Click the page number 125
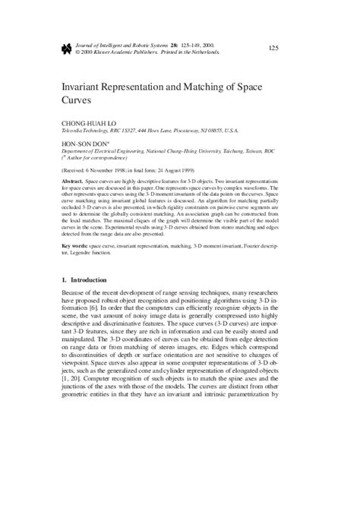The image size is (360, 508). pyautogui.click(x=273, y=49)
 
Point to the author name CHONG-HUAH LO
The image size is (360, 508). pyautogui.click(x=88, y=122)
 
